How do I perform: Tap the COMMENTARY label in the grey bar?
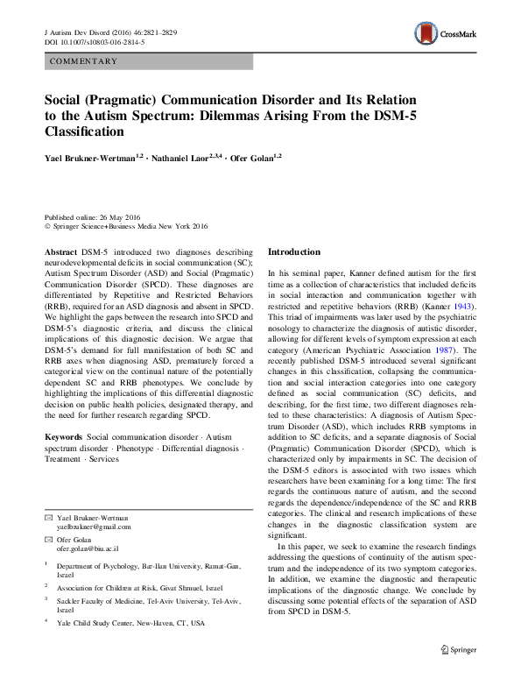pos(85,61)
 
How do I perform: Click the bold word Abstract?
pos(60,251)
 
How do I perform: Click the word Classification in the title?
pos(84,131)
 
